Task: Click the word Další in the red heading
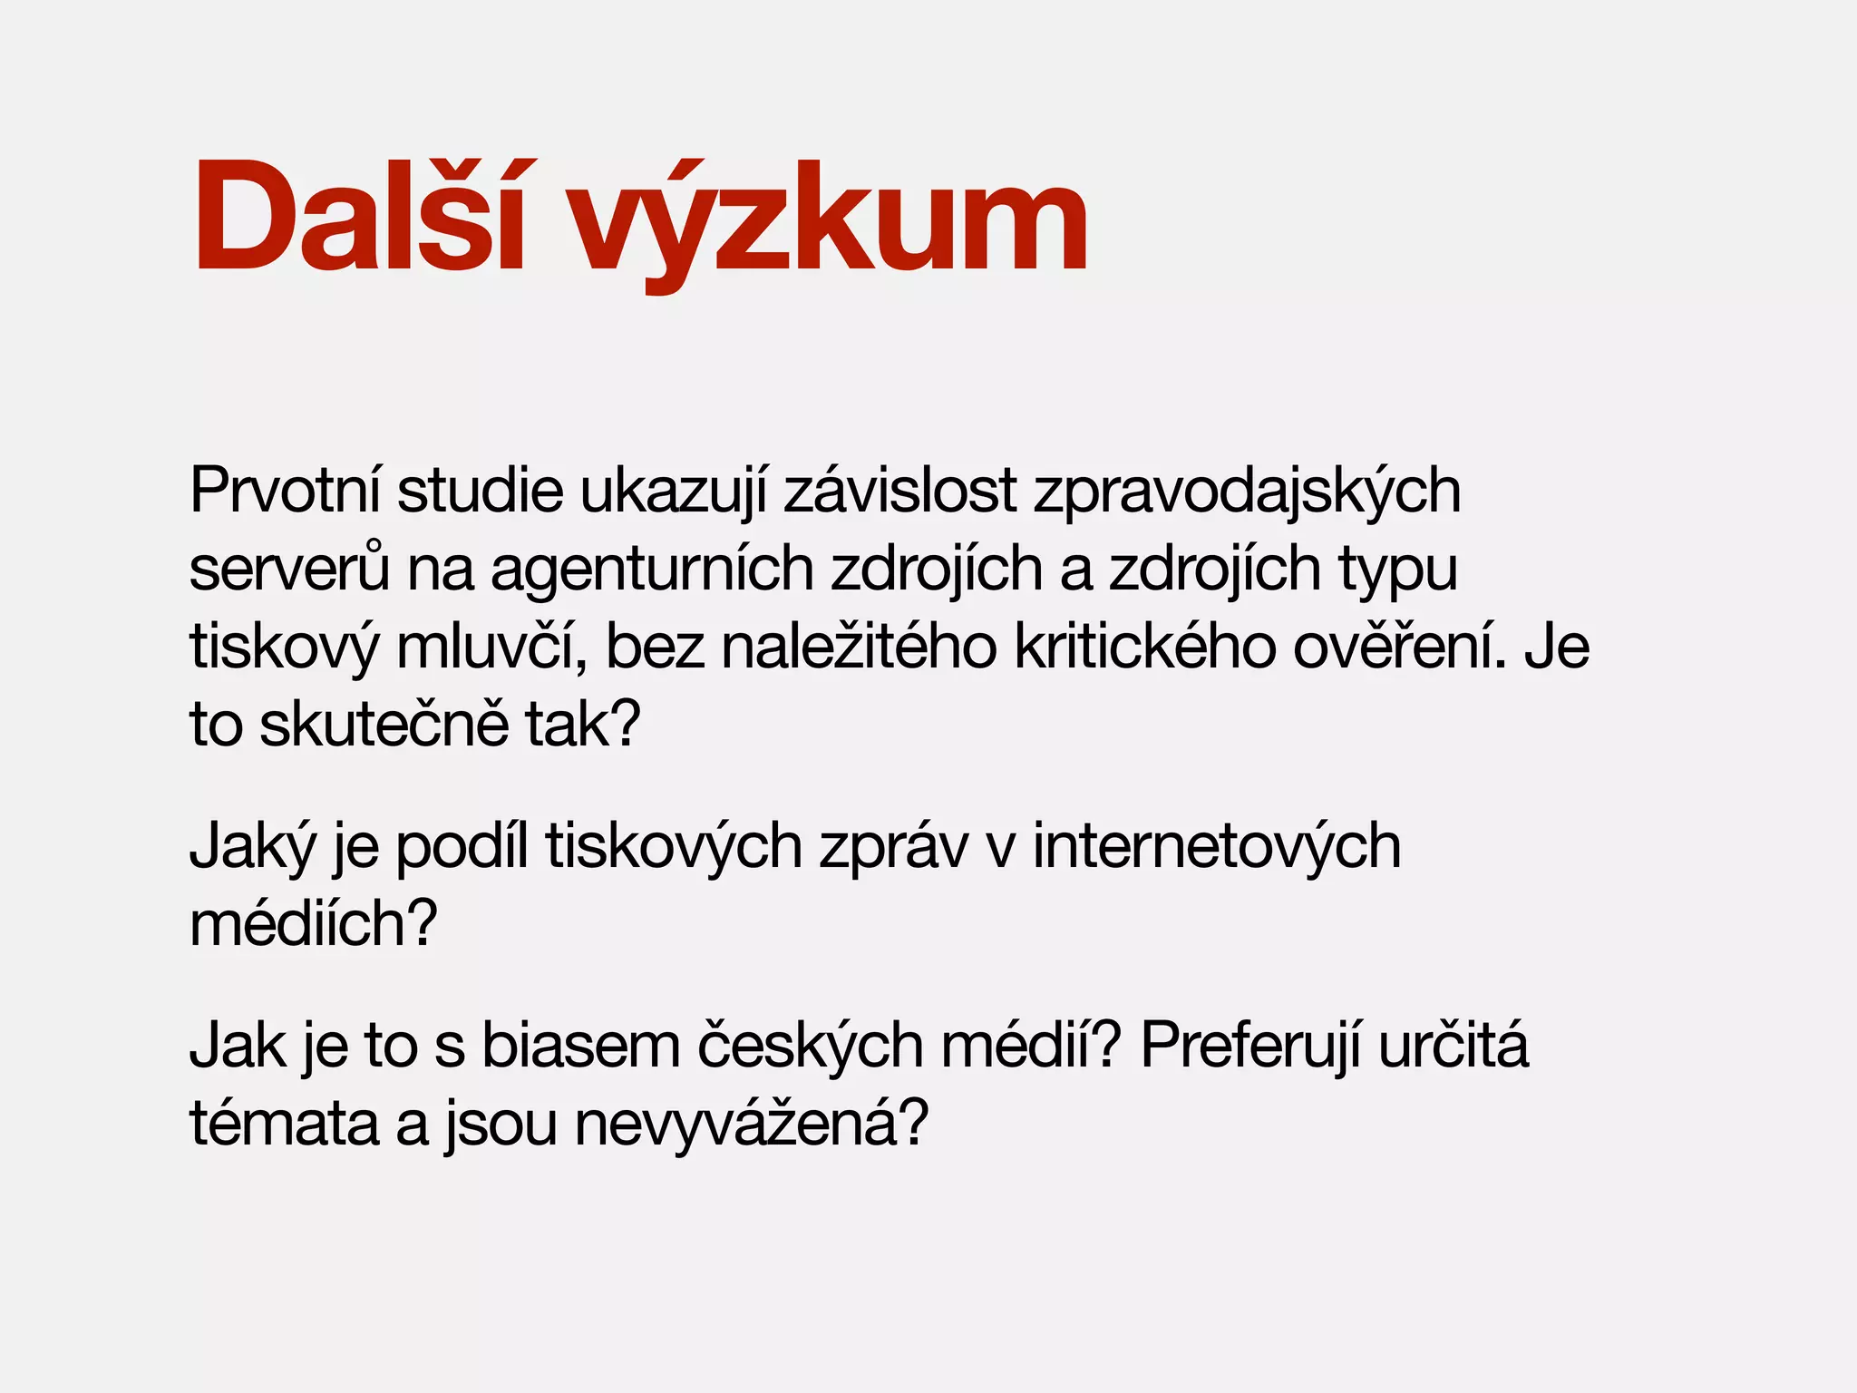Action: point(359,218)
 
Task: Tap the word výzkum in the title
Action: point(829,222)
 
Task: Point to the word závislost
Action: point(900,491)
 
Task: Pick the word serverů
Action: point(289,570)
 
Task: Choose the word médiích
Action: point(314,923)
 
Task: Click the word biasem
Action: point(580,1046)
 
